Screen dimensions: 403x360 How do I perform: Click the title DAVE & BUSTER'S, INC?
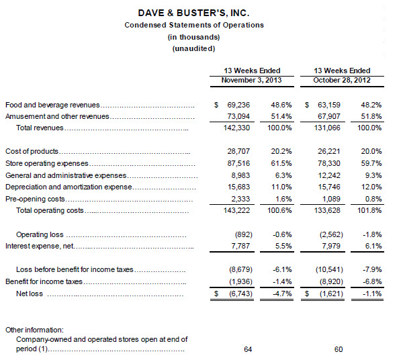(x=193, y=13)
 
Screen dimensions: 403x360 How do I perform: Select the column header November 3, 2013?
(x=251, y=80)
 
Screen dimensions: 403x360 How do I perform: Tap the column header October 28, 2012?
(x=342, y=80)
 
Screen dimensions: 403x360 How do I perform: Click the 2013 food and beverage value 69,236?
(x=238, y=105)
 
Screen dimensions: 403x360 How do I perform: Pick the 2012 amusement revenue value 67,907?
(x=328, y=116)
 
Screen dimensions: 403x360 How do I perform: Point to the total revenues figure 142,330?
(x=236, y=128)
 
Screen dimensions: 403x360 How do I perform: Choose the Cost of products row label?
(x=32, y=151)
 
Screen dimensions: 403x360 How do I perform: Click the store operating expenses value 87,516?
(x=238, y=163)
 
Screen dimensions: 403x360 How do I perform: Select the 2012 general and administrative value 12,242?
(x=329, y=175)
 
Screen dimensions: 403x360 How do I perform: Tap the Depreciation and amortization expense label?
(x=69, y=187)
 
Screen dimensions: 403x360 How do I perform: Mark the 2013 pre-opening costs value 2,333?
(x=240, y=199)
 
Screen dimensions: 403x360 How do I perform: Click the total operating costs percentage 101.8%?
(x=369, y=210)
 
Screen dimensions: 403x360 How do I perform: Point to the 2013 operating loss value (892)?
(x=244, y=234)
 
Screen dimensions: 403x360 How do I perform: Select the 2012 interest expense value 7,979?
(x=331, y=246)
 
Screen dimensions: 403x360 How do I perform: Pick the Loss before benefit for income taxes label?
(x=75, y=269)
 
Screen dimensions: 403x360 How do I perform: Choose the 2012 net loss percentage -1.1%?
(x=372, y=294)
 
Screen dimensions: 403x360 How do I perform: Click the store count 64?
(x=248, y=349)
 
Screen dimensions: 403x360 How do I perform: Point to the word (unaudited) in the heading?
(x=193, y=48)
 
